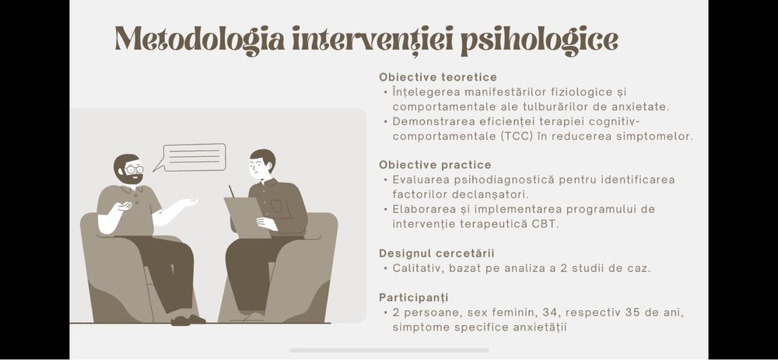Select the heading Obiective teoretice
(x=438, y=77)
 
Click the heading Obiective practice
(x=435, y=165)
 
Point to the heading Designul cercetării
(x=436, y=253)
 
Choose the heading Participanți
(x=413, y=298)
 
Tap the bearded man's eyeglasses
(x=133, y=169)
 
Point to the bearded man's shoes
(x=187, y=319)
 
